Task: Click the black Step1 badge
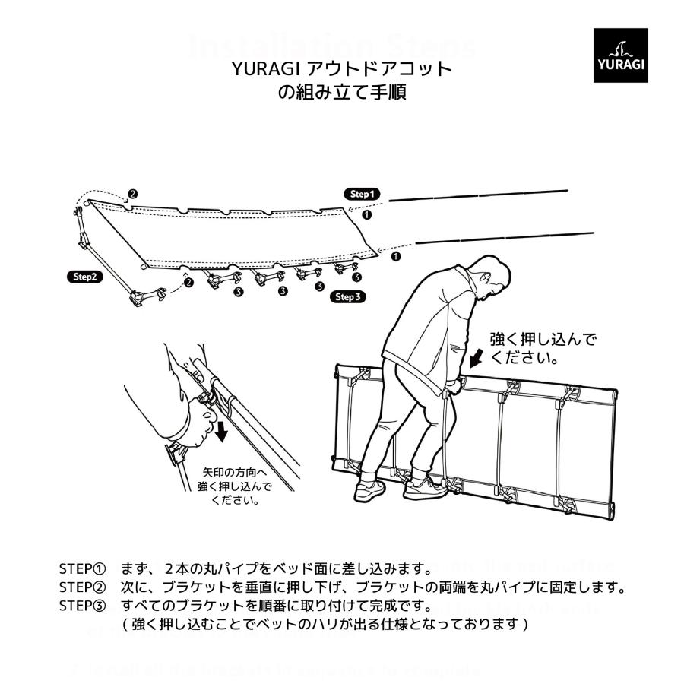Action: pyautogui.click(x=362, y=194)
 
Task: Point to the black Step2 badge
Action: pyautogui.click(x=84, y=277)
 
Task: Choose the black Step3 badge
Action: pyautogui.click(x=348, y=297)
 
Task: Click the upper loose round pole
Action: pyautogui.click(x=478, y=196)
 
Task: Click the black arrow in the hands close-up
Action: pyautogui.click(x=221, y=431)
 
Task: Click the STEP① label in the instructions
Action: pyautogui.click(x=84, y=569)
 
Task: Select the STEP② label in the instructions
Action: pyautogui.click(x=84, y=587)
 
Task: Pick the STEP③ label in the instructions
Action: pyautogui.click(x=84, y=606)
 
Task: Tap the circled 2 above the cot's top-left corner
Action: pyautogui.click(x=132, y=195)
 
